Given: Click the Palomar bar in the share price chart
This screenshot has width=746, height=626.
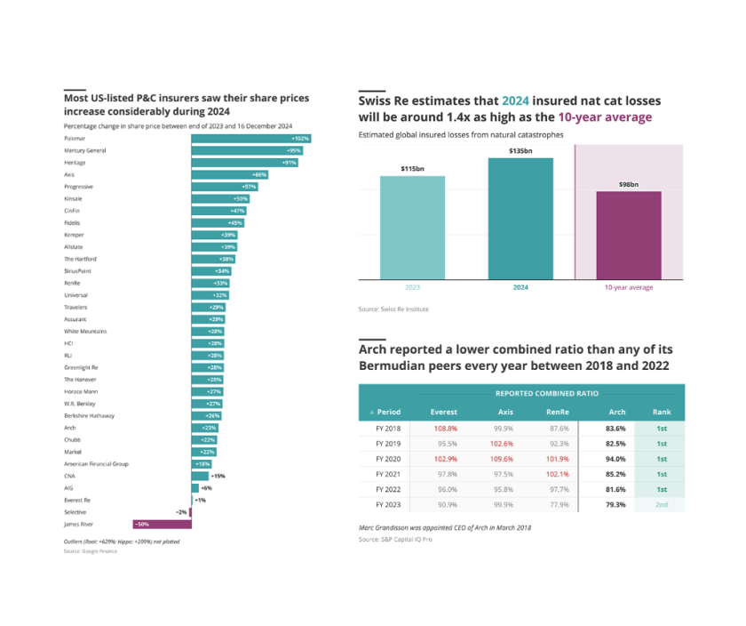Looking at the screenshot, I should pyautogui.click(x=250, y=139).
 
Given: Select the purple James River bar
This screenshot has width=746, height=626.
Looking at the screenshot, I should pyautogui.click(x=161, y=525).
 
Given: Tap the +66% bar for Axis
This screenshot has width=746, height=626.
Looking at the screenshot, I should pyautogui.click(x=229, y=175).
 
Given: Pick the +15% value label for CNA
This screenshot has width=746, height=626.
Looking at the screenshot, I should pyautogui.click(x=218, y=477).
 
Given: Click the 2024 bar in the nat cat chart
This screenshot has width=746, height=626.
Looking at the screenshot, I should pyautogui.click(x=520, y=219).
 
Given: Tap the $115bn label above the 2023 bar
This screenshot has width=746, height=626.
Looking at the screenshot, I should pyautogui.click(x=412, y=168).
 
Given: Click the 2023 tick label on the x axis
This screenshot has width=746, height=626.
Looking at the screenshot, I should pyautogui.click(x=412, y=288).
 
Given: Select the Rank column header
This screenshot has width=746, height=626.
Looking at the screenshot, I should pyautogui.click(x=662, y=413).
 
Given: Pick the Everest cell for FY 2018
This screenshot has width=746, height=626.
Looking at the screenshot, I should pyautogui.click(x=445, y=429).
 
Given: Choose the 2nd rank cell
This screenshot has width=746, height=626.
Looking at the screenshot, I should pyautogui.click(x=662, y=505).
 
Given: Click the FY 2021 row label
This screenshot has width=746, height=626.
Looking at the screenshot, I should pyautogui.click(x=389, y=474).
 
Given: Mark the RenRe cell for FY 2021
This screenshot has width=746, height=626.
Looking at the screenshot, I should pyautogui.click(x=557, y=474).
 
